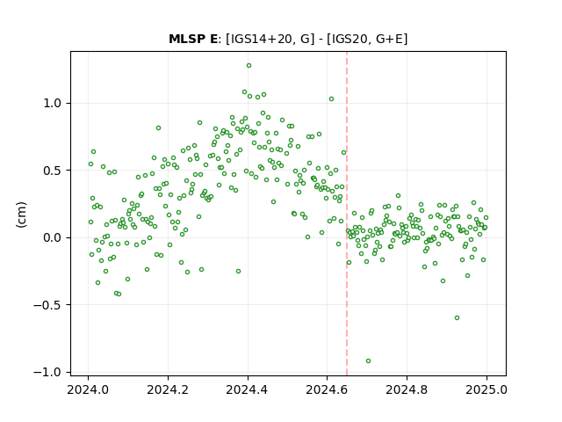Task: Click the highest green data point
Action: coord(249,66)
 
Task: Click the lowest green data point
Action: coord(368,361)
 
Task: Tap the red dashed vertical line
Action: coord(347,214)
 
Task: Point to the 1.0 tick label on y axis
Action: coord(53,104)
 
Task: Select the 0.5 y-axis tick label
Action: coord(53,171)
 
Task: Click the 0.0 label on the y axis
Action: coord(53,237)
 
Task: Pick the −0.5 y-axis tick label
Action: coord(47,305)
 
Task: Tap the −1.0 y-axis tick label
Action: coord(47,372)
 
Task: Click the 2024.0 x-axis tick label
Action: coord(88,389)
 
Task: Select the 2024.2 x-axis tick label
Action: coord(168,389)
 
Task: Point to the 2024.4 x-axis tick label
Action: coord(248,389)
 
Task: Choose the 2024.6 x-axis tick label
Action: coord(327,389)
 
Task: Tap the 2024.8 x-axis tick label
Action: coord(407,389)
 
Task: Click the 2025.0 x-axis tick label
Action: coord(486,389)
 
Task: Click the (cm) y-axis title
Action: coord(21,215)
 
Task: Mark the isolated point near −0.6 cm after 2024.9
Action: coord(457,318)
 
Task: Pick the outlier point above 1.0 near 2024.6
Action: coord(332,99)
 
